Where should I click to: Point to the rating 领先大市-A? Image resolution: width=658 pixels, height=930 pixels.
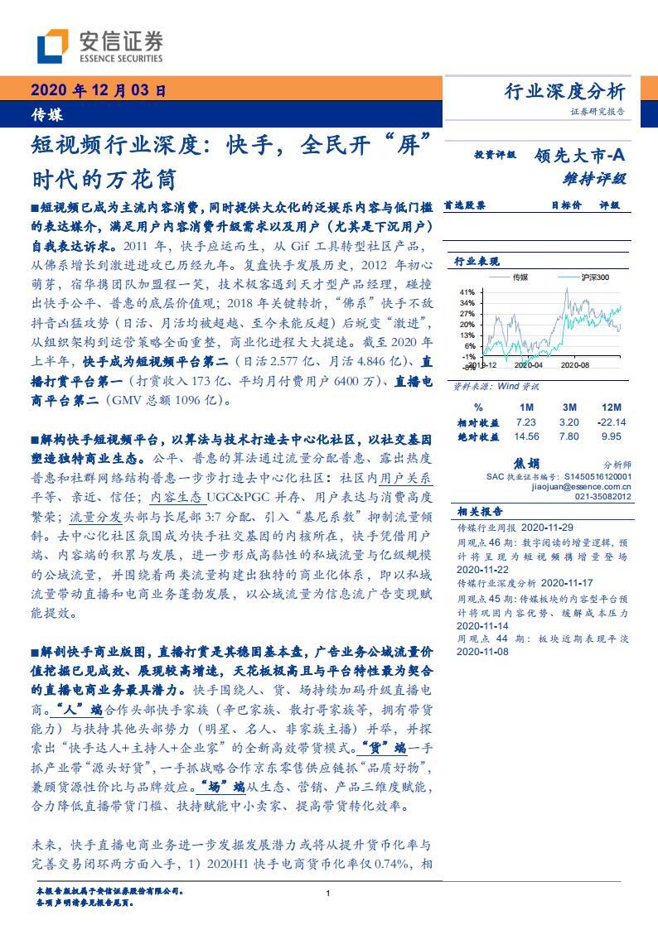point(578,154)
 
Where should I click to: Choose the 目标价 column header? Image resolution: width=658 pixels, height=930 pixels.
point(566,205)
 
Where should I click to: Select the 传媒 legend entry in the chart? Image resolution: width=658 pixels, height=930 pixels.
point(520,277)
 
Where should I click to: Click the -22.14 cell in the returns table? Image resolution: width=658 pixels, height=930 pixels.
point(612,422)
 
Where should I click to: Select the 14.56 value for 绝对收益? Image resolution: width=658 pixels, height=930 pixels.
point(527,436)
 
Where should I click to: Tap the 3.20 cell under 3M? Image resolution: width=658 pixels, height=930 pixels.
point(569,422)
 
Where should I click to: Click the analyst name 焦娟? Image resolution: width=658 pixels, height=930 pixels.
point(526,465)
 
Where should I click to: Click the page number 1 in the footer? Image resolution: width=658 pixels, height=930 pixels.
point(329,894)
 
